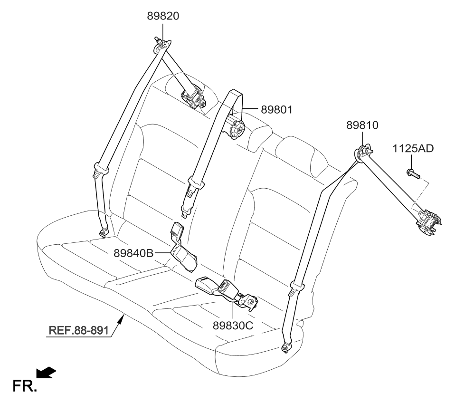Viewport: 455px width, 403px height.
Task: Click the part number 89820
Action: [163, 17]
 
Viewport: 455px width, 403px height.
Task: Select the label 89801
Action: [277, 110]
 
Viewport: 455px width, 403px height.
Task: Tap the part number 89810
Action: [362, 125]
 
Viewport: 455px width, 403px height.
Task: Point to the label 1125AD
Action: [413, 148]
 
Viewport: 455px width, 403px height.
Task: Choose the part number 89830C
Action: [232, 326]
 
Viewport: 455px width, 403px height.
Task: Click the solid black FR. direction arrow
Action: [47, 373]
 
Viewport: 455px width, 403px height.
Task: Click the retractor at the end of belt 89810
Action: [429, 221]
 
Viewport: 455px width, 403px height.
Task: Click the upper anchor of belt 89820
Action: [161, 46]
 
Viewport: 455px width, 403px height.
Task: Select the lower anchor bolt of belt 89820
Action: [103, 232]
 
